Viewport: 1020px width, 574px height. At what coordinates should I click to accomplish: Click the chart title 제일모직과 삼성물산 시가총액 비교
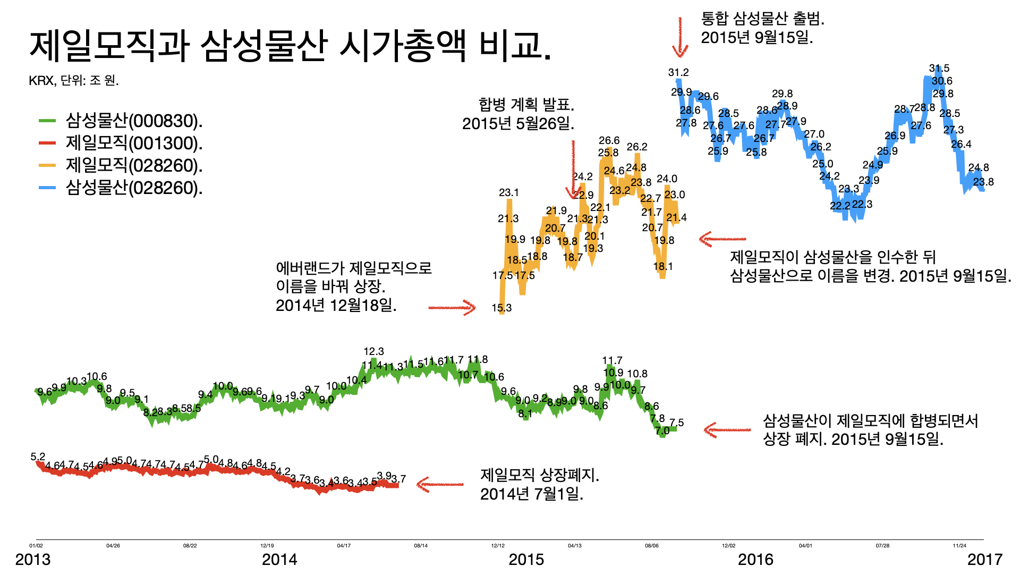pyautogui.click(x=290, y=46)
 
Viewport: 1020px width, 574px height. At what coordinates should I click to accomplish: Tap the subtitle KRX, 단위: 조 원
pyautogui.click(x=74, y=81)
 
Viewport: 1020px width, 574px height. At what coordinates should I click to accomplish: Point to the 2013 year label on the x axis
pyautogui.click(x=33, y=560)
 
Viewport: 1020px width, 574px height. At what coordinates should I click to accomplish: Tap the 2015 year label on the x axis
pyautogui.click(x=526, y=560)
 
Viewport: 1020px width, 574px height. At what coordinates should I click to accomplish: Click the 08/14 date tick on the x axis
pyautogui.click(x=421, y=546)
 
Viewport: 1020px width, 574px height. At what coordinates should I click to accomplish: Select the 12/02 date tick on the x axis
pyautogui.click(x=729, y=546)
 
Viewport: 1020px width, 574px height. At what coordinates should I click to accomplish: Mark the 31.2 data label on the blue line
pyautogui.click(x=678, y=73)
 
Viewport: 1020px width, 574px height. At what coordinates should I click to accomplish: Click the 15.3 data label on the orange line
pyautogui.click(x=501, y=308)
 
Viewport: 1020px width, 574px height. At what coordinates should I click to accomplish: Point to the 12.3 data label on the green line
pyautogui.click(x=373, y=352)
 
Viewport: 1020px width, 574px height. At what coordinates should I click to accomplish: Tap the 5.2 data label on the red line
pyautogui.click(x=38, y=457)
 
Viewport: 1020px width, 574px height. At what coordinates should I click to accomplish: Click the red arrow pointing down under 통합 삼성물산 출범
pyautogui.click(x=680, y=37)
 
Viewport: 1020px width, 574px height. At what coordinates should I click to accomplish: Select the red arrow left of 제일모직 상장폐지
pyautogui.click(x=440, y=484)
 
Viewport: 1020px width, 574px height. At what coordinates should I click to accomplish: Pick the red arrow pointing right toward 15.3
pyautogui.click(x=452, y=307)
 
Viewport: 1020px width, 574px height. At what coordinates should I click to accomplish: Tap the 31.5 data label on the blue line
pyautogui.click(x=939, y=69)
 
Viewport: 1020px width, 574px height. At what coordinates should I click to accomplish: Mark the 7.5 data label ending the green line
pyautogui.click(x=676, y=423)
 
